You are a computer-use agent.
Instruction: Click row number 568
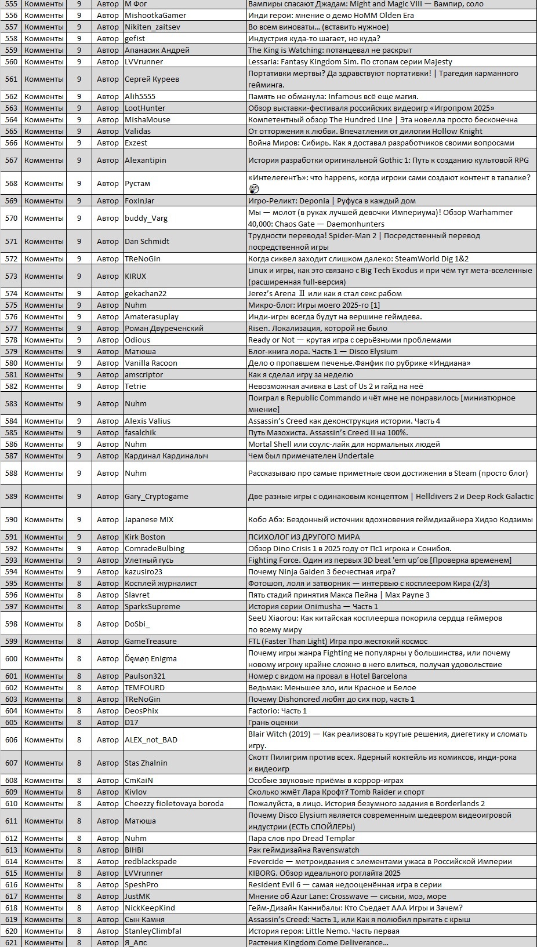tap(11, 183)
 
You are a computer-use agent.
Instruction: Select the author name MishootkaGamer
tap(155, 15)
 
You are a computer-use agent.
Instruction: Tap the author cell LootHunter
tap(145, 108)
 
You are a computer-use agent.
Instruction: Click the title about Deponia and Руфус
tap(332, 201)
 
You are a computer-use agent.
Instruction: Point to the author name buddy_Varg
tap(146, 218)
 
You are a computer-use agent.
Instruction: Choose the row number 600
tap(11, 658)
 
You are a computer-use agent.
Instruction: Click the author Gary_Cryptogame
tap(157, 496)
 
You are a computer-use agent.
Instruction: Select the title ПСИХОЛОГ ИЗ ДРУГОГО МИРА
tap(304, 537)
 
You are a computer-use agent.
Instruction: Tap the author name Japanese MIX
tap(149, 519)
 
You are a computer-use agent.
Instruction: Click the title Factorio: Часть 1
tap(277, 711)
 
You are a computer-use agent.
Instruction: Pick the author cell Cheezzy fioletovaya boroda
tap(174, 803)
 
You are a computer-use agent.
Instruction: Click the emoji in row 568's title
tap(253, 189)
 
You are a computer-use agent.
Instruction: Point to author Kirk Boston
tap(145, 537)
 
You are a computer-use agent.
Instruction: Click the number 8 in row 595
tap(79, 583)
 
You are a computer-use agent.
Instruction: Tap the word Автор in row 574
tap(108, 293)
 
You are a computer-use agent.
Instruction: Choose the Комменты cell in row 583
tap(44, 403)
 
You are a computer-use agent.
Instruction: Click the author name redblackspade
tap(151, 861)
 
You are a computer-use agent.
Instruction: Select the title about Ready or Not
tap(349, 340)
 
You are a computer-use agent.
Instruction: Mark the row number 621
tap(11, 942)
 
